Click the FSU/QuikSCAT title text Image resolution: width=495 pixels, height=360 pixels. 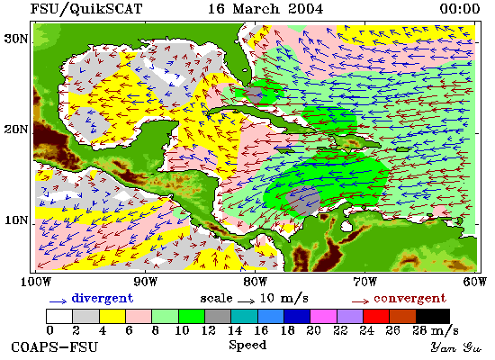click(x=86, y=8)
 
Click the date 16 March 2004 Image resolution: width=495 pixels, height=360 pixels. click(x=265, y=8)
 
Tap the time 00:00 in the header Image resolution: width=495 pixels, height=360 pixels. click(x=460, y=8)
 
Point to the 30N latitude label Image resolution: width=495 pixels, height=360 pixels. click(x=16, y=39)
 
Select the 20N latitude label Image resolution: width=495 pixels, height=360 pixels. click(x=16, y=130)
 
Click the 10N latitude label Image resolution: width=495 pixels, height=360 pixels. click(x=16, y=220)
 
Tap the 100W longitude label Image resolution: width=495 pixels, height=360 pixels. click(x=36, y=282)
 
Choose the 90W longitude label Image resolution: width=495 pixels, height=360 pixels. click(x=145, y=282)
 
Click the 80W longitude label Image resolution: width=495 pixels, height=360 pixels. click(x=255, y=282)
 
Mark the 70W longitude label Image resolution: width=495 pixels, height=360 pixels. click(x=364, y=282)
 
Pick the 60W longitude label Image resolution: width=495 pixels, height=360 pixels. click(x=475, y=282)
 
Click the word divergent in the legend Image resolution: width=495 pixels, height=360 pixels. click(x=103, y=299)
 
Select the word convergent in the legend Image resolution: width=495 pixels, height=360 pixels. click(x=410, y=299)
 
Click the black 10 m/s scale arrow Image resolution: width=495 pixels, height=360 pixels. click(x=247, y=301)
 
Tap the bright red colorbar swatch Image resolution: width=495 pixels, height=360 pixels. click(x=376, y=317)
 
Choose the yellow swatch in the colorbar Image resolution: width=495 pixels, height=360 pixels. click(x=112, y=317)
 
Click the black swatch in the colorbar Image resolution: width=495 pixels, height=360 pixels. click(x=433, y=317)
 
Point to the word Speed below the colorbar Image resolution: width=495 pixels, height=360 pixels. click(x=247, y=346)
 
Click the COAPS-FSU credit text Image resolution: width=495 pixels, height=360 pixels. click(x=55, y=347)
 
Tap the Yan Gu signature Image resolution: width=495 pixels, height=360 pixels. click(x=456, y=347)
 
